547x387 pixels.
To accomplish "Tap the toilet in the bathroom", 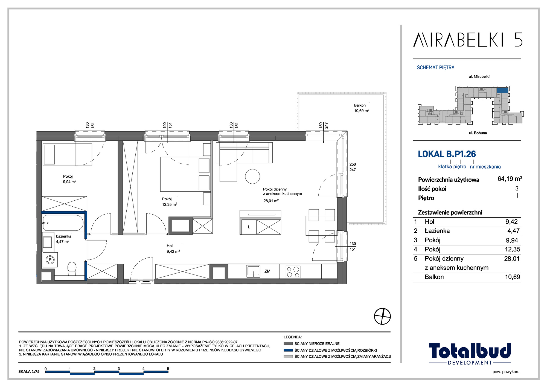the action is (x=72, y=268).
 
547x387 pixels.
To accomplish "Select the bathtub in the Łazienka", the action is (x=63, y=223).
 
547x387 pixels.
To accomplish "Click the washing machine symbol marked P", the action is (x=50, y=259).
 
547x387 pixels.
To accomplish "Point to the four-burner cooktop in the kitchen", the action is (x=293, y=272).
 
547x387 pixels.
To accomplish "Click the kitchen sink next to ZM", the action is (x=253, y=271).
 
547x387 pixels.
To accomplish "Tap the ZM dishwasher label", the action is (x=267, y=271).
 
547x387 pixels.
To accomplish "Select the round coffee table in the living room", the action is (x=252, y=176).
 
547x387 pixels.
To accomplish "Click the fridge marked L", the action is (x=249, y=227).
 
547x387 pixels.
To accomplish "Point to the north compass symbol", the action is (x=382, y=316).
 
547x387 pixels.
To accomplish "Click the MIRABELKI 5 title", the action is (x=468, y=40).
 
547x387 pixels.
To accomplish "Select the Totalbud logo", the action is (x=470, y=354).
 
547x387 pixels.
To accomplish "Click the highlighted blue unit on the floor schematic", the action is (x=502, y=90).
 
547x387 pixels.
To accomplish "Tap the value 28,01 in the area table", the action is (x=512, y=259).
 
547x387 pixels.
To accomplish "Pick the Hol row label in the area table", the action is (x=429, y=222).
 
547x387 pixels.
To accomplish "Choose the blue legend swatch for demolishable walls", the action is (x=288, y=350).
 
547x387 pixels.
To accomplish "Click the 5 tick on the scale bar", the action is (x=168, y=369).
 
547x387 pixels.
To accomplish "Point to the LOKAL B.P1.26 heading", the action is (x=447, y=154).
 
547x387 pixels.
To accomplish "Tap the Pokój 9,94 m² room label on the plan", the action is (x=69, y=179).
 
